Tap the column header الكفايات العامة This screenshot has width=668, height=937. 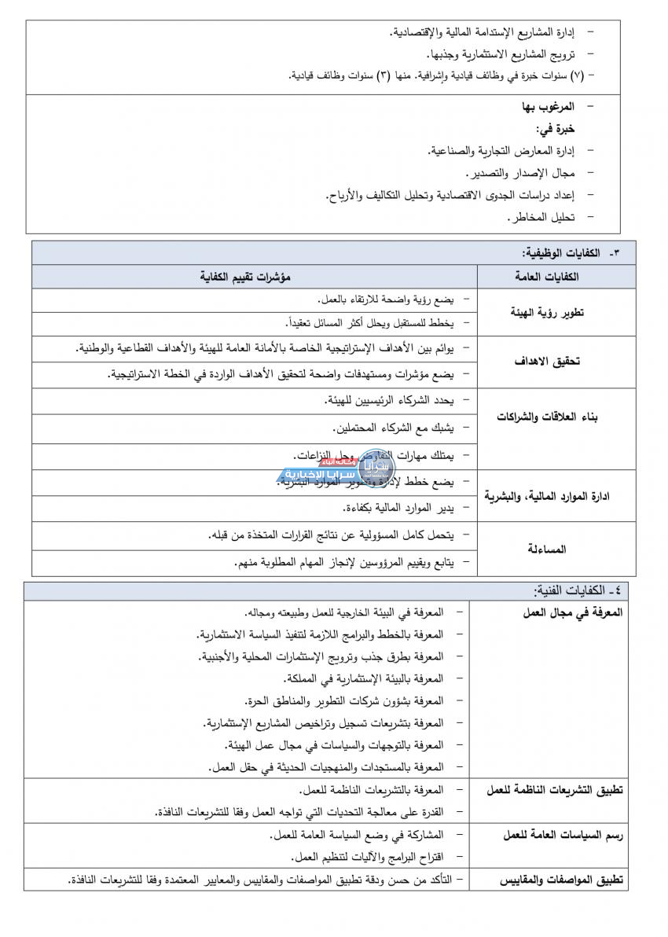pyautogui.click(x=549, y=277)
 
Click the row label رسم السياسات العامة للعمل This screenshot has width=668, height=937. pyautogui.click(x=563, y=836)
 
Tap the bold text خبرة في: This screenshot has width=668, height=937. pyautogui.click(x=555, y=127)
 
